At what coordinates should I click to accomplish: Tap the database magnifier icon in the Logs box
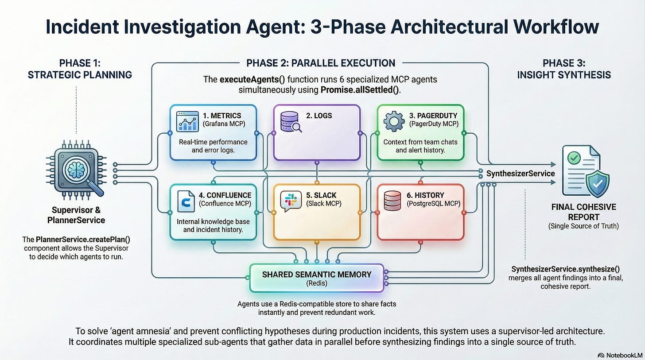click(x=291, y=121)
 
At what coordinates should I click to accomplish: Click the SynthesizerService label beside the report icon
click(x=520, y=173)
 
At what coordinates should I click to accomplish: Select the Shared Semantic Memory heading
click(x=316, y=274)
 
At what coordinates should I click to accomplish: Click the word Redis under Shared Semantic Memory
click(x=316, y=283)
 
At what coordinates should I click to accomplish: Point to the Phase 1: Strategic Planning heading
click(x=80, y=69)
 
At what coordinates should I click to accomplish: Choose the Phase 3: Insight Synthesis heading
click(x=564, y=69)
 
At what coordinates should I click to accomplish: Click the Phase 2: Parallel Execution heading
click(x=321, y=63)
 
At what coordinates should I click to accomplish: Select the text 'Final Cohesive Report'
click(x=577, y=212)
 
